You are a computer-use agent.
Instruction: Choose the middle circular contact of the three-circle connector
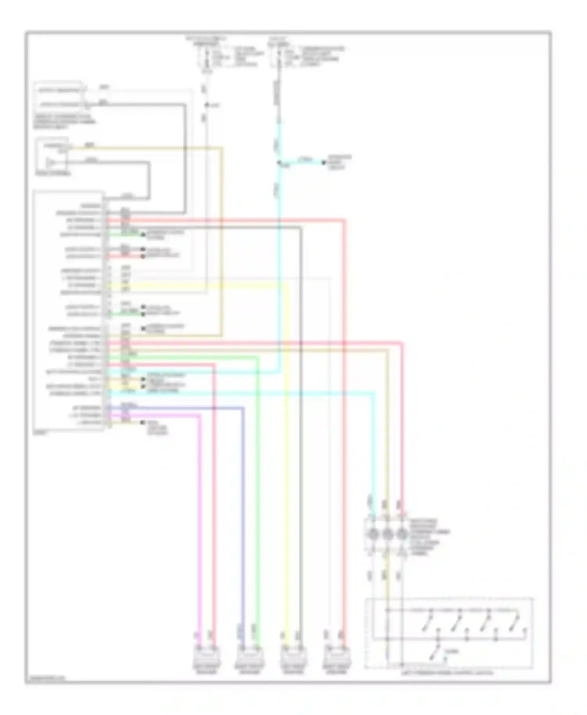tap(387, 534)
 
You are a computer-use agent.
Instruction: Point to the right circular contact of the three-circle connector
tap(402, 534)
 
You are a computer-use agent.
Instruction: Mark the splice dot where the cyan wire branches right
tap(279, 163)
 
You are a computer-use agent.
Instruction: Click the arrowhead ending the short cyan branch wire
tap(324, 162)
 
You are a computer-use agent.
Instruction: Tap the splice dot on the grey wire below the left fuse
tap(207, 105)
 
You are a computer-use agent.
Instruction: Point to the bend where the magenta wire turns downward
tap(200, 416)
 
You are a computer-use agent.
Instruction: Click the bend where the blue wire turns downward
tap(243, 408)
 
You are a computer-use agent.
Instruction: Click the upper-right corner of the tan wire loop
tap(222, 148)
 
